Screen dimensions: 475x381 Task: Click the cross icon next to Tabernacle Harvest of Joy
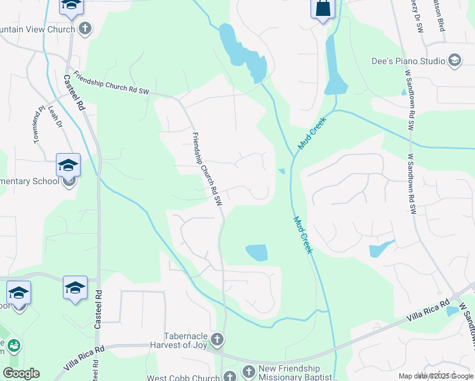217,338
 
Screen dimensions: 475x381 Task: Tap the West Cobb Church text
184,378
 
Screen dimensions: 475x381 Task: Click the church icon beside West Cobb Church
229,376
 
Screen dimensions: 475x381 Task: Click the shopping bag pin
323,9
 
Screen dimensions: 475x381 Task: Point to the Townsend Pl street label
37,124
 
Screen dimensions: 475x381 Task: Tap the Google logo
21,373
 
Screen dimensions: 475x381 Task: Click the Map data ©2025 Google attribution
436,376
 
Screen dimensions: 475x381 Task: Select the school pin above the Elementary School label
68,166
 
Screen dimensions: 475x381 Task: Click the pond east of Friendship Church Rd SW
257,253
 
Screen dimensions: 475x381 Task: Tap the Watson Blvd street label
438,16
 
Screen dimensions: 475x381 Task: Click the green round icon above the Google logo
13,346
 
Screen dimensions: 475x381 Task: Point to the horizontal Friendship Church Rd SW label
110,83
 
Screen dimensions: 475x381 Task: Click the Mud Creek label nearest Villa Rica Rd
302,235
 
